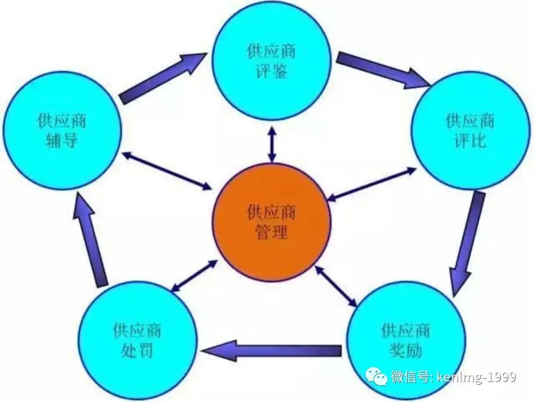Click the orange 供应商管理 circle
[271, 222]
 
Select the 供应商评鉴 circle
[271, 61]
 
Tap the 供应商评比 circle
[471, 131]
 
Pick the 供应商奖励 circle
[406, 341]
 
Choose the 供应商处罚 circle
[137, 341]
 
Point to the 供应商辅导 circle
[62, 131]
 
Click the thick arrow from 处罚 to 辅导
[90, 239]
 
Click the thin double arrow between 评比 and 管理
[372, 184]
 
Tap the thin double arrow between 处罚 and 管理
[194, 276]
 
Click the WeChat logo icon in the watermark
[376, 376]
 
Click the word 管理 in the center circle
[271, 233]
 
